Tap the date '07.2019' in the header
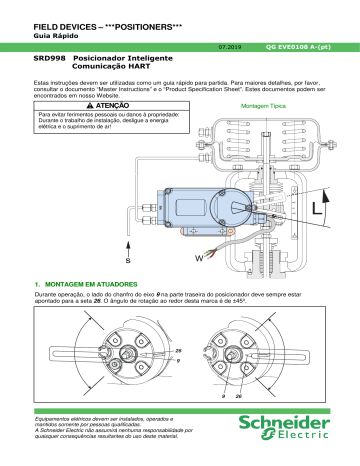pyautogui.click(x=229, y=46)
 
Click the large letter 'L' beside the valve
pyautogui.click(x=317, y=211)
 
